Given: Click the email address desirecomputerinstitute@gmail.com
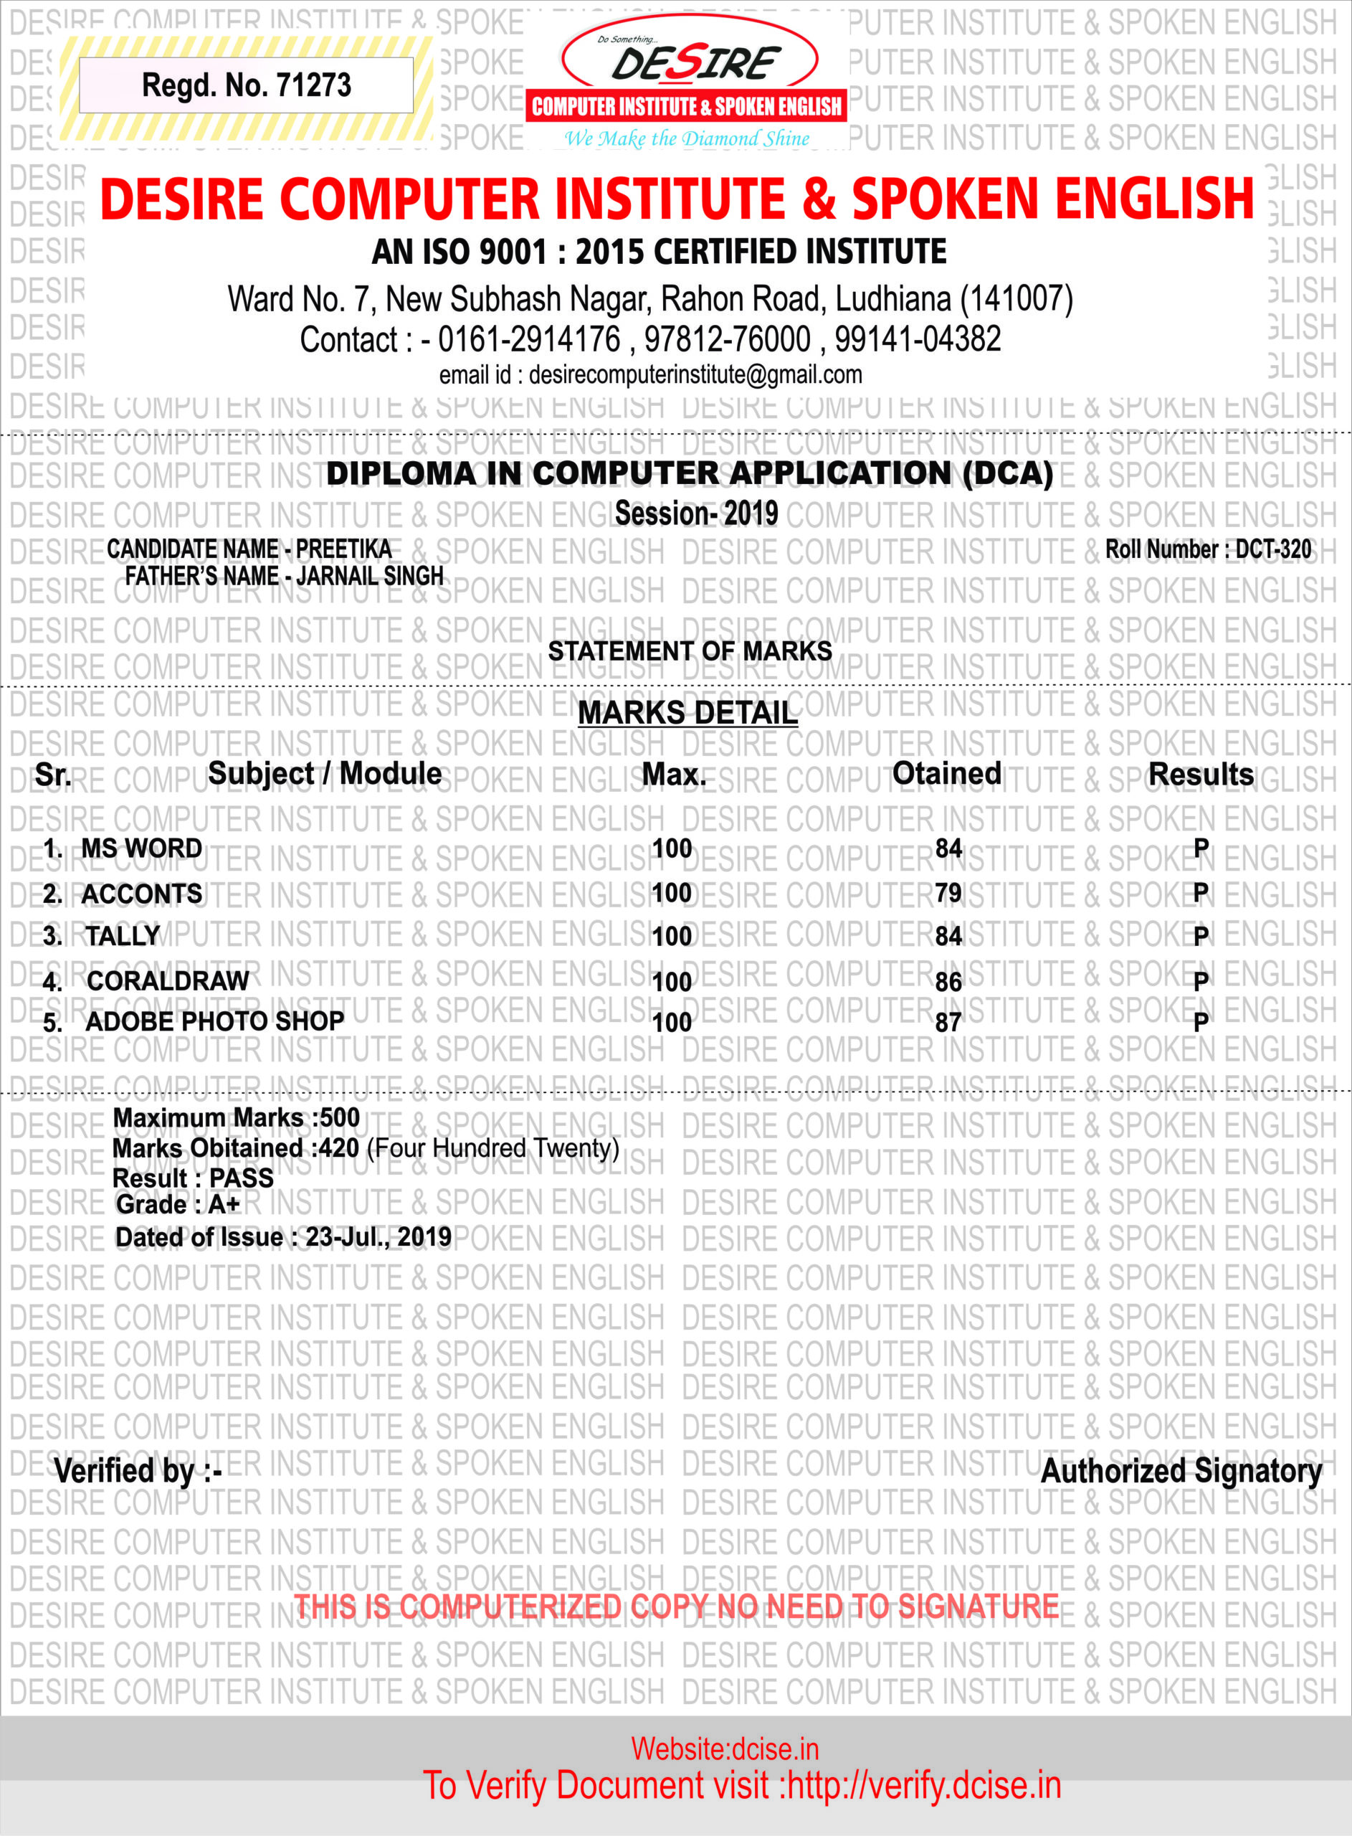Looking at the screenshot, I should click(695, 375).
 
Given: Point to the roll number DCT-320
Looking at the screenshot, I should click(1272, 549).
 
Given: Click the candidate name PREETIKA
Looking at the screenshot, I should click(343, 549).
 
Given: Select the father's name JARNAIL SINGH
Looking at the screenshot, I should click(370, 576).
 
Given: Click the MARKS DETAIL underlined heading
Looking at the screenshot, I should click(687, 713).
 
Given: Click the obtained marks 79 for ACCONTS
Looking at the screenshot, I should click(948, 892).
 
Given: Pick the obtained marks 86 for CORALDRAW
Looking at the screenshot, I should click(948, 981).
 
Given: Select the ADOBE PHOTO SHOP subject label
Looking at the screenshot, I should click(215, 1021).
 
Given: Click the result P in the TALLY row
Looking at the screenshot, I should click(1201, 936).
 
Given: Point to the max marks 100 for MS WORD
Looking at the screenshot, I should click(672, 849).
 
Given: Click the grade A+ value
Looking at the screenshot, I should click(224, 1205).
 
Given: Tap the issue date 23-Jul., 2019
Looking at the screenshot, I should click(378, 1237).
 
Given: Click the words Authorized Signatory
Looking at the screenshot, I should click(1181, 1471).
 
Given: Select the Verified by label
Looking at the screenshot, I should click(138, 1471).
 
